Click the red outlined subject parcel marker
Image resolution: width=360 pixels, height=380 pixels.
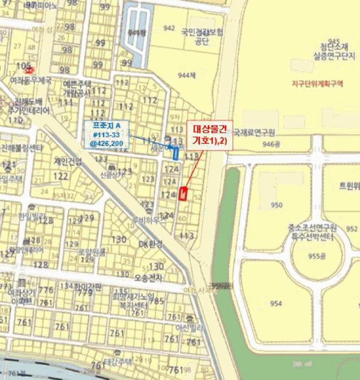click(x=182, y=194)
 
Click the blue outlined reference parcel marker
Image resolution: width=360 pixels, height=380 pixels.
click(x=175, y=153)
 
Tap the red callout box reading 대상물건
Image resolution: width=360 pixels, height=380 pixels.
click(x=210, y=134)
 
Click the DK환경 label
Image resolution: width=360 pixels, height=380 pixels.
click(x=150, y=244)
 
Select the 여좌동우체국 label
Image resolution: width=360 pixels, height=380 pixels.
click(x=30, y=80)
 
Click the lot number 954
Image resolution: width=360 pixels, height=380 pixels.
click(x=276, y=303)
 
